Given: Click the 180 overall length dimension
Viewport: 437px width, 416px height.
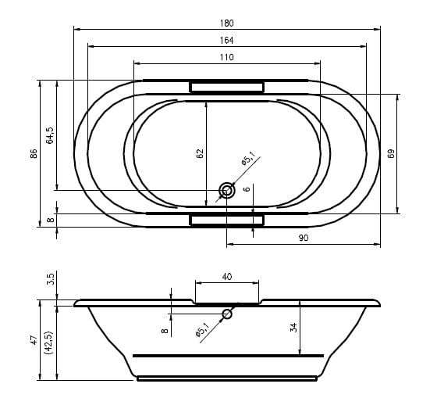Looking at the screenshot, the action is click(226, 23).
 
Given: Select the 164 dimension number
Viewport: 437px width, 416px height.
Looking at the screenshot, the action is click(226, 41).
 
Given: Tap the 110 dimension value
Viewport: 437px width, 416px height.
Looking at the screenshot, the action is click(226, 58).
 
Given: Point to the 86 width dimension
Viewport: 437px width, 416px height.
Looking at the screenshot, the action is click(34, 153).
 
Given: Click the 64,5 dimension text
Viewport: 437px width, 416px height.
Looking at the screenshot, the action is click(50, 135).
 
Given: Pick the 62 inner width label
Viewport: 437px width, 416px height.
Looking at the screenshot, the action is click(200, 153).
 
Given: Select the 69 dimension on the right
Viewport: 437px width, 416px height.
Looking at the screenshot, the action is click(391, 153).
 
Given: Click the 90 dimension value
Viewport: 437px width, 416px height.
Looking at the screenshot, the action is click(304, 238).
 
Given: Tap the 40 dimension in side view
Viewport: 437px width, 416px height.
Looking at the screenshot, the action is click(227, 277).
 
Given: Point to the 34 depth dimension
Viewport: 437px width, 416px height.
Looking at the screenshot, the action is click(293, 327).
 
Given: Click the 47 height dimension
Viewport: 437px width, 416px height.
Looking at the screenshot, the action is click(34, 340).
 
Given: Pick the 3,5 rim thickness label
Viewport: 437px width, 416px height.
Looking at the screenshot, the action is click(50, 279).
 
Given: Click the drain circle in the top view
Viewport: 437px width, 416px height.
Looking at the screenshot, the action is click(226, 191).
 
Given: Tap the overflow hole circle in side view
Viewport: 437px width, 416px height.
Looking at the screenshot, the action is click(227, 314).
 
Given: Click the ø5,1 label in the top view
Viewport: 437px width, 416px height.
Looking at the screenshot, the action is click(248, 158).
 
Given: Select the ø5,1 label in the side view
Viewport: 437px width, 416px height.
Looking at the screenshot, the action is click(202, 329).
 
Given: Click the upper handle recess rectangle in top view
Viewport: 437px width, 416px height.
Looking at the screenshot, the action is click(226, 87).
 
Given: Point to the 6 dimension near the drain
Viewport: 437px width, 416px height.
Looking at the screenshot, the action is click(247, 189).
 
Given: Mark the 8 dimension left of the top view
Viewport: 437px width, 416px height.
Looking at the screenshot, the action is click(50, 220).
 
